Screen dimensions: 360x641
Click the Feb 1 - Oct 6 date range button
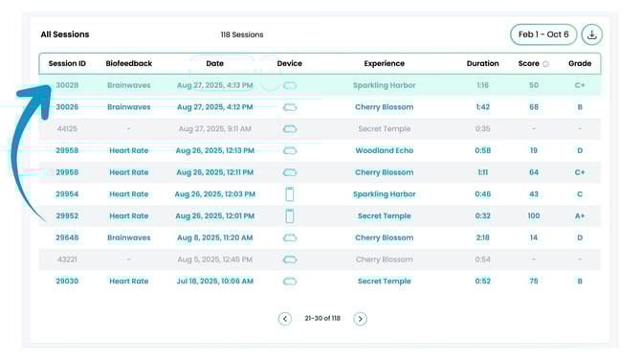(x=543, y=34)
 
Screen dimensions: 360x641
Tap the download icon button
(x=591, y=34)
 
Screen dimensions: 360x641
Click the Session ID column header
(x=67, y=64)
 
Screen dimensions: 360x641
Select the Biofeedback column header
(x=128, y=64)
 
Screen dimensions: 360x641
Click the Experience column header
(x=384, y=64)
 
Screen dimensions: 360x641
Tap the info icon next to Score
(x=545, y=64)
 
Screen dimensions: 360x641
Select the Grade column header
(x=580, y=64)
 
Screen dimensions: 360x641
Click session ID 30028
(x=67, y=85)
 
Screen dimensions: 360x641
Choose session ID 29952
(x=67, y=215)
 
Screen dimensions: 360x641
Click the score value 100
(x=533, y=215)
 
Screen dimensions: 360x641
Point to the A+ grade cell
(x=580, y=215)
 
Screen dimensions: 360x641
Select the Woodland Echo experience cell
(x=384, y=150)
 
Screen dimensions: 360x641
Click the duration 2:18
(x=482, y=237)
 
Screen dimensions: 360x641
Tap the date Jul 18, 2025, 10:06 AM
(x=215, y=281)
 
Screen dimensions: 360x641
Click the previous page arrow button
(x=284, y=319)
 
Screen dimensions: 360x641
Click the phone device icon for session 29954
(x=290, y=194)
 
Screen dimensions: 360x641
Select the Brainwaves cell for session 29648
(x=128, y=237)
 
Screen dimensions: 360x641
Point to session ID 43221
(x=67, y=259)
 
